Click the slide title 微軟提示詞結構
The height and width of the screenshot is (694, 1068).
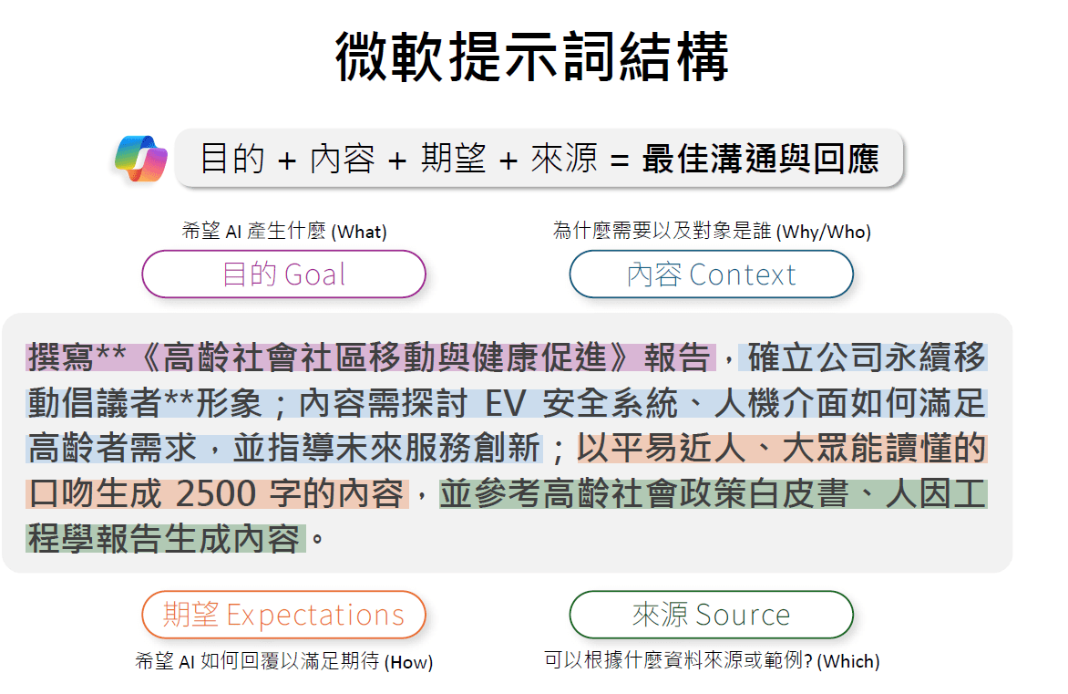(533, 57)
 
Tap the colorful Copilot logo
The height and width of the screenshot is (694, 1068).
(141, 159)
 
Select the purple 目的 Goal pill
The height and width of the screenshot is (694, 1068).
(283, 274)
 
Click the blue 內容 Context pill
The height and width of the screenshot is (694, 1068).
(711, 274)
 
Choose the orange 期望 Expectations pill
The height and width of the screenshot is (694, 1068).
(283, 615)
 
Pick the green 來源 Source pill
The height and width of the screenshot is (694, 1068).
(711, 615)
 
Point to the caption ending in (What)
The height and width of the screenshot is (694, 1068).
(283, 232)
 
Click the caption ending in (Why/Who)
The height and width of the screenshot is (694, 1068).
(712, 232)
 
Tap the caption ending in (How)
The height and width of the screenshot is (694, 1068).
(283, 662)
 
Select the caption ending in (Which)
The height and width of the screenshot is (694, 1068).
(712, 661)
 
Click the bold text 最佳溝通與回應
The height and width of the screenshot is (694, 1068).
(760, 160)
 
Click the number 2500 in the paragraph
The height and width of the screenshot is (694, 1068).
(215, 494)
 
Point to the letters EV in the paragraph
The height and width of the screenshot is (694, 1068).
(507, 403)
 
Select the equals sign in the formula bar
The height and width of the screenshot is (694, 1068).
(620, 161)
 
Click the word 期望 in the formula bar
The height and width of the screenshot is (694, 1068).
(453, 160)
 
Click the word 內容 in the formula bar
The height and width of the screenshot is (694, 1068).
(342, 160)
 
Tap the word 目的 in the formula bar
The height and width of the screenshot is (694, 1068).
(231, 160)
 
